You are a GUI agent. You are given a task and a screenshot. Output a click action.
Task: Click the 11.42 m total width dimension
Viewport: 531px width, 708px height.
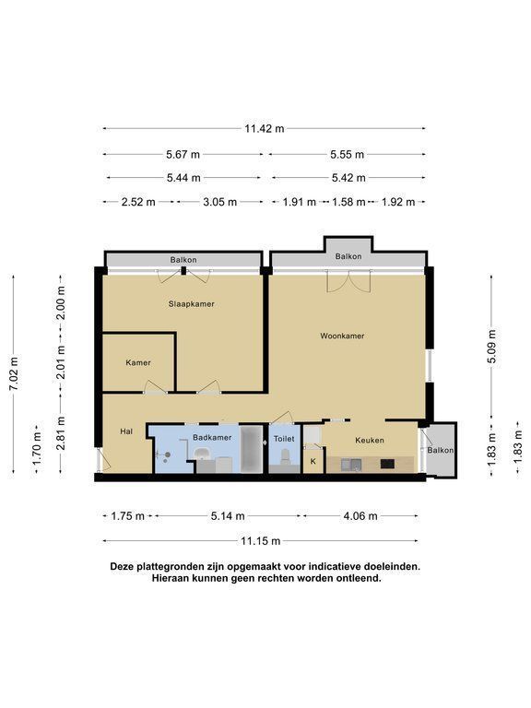[x=265, y=129]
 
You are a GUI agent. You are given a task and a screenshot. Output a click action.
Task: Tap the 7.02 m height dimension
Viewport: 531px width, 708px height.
[x=14, y=374]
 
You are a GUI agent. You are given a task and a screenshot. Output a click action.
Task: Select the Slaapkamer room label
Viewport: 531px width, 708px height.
[x=192, y=304]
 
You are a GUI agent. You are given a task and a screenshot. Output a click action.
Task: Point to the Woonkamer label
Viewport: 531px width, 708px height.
[x=342, y=336]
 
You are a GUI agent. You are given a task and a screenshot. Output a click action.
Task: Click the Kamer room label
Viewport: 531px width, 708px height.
[x=138, y=362]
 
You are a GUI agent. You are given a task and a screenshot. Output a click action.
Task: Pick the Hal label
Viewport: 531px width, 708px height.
[x=126, y=431]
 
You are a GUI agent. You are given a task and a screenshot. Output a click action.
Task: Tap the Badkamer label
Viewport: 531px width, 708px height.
[x=212, y=438]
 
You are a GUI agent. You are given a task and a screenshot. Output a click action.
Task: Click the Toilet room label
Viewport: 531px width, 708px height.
[x=284, y=439]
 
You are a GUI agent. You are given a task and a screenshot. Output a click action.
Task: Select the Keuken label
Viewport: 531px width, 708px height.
[x=370, y=441]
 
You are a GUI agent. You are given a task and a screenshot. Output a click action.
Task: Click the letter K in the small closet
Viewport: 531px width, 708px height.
[x=313, y=462]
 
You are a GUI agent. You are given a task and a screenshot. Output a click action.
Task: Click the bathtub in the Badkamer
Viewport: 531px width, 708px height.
[x=251, y=448]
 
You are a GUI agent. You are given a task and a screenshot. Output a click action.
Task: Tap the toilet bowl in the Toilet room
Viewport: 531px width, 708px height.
[x=285, y=456]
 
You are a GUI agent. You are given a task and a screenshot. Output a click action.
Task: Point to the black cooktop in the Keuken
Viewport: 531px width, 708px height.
[x=387, y=464]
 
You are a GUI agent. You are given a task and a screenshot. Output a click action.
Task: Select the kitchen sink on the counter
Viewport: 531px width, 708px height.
[x=351, y=465]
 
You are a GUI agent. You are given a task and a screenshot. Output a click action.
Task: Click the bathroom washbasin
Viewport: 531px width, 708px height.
[x=202, y=454]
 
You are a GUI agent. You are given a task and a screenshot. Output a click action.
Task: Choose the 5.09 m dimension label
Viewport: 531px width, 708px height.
[x=491, y=347]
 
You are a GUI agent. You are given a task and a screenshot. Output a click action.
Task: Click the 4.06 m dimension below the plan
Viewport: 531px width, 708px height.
[x=360, y=515]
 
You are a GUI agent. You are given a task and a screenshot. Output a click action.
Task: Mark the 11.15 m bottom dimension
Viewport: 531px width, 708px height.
[x=261, y=541]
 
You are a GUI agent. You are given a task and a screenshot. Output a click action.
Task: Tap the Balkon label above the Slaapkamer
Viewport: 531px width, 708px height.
[x=183, y=260]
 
